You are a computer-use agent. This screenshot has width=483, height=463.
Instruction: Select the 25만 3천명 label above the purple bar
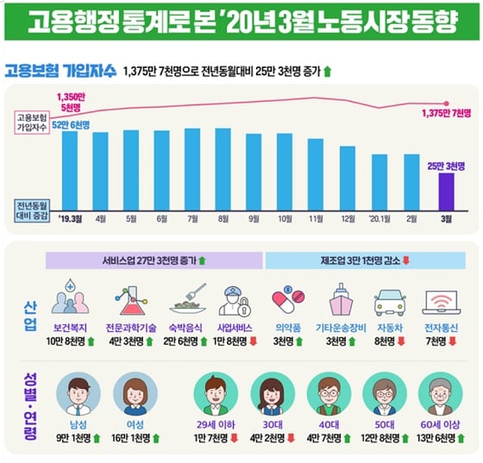click(x=445, y=165)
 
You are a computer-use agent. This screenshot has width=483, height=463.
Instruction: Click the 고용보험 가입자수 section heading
click(x=59, y=71)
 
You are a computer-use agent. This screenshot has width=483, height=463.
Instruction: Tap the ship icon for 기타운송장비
click(x=337, y=301)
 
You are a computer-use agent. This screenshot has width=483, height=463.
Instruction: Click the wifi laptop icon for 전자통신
click(x=442, y=301)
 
